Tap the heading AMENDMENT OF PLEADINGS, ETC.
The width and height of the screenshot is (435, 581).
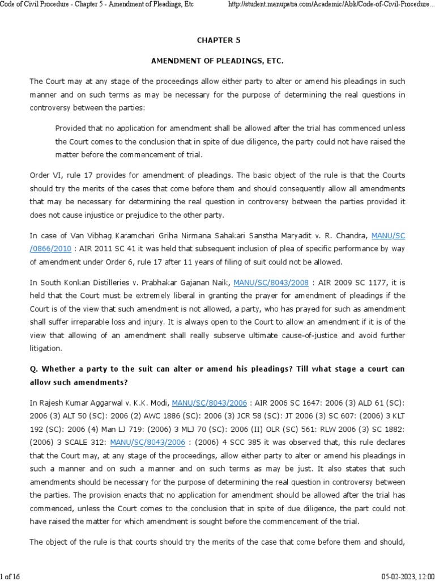[x=217, y=60]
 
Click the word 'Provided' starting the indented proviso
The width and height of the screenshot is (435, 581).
[x=72, y=128]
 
